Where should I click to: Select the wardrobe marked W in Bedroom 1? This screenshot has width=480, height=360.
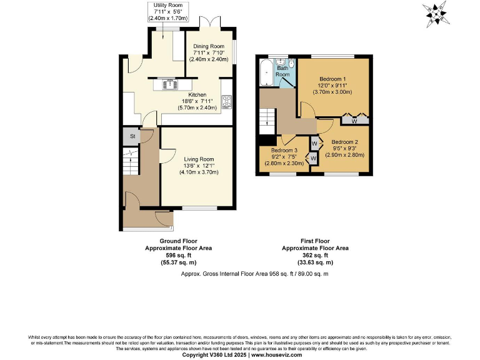click(x=354, y=120)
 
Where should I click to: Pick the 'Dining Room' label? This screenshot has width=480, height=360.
click(x=208, y=46)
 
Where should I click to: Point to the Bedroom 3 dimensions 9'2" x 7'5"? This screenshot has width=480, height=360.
click(x=284, y=157)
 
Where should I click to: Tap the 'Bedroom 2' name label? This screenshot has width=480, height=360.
click(x=344, y=142)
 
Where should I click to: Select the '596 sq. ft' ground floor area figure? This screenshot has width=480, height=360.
click(x=178, y=255)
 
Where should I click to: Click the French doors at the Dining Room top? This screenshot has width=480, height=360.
click(x=209, y=22)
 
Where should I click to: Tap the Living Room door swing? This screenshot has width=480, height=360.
click(x=167, y=157)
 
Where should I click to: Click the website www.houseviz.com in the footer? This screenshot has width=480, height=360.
click(x=276, y=355)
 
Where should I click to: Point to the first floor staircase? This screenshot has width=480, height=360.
click(x=267, y=117)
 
